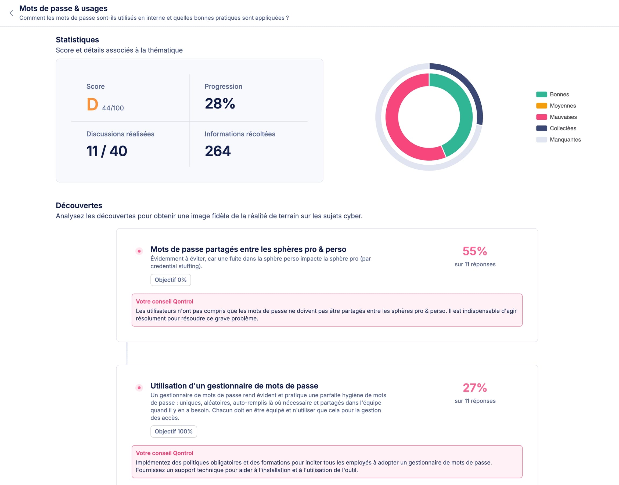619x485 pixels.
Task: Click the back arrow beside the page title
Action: pos(11,13)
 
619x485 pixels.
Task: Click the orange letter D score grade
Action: pos(92,104)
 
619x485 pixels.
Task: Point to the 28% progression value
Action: pos(220,103)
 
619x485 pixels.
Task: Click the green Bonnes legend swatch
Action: pos(541,95)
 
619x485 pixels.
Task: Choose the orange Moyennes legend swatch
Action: pos(541,106)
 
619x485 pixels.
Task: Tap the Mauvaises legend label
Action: pos(563,117)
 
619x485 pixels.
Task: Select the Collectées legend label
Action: pos(563,128)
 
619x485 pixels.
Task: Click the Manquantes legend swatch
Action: pos(541,140)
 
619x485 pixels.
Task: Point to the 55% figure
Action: pos(475,251)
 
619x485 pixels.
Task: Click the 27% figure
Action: pos(475,388)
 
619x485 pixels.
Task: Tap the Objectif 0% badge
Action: pos(170,280)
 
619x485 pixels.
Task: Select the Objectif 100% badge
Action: pos(174,432)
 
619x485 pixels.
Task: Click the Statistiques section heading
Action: pos(77,40)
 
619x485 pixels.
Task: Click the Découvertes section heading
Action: pos(79,206)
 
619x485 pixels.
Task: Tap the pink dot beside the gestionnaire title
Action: pos(139,388)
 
